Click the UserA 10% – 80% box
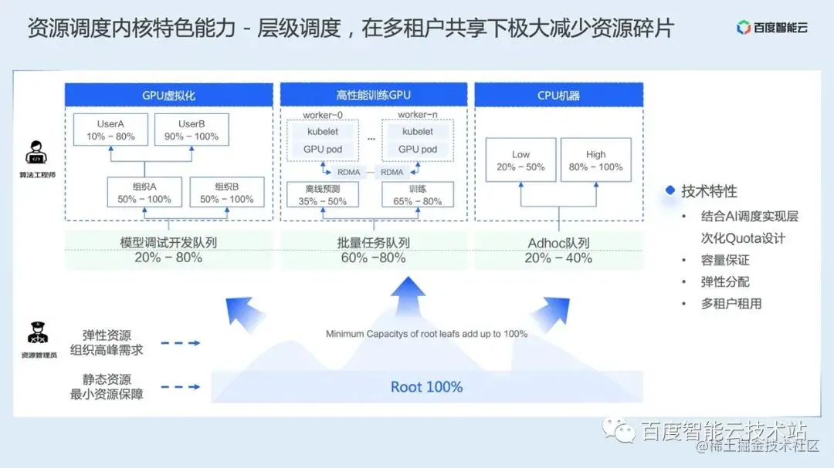click(110, 130)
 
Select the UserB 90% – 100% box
click(191, 130)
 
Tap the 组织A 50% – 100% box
click(144, 192)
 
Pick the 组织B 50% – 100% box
click(226, 192)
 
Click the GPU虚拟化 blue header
click(168, 96)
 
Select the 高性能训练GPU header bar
click(374, 96)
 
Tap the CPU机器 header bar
click(558, 96)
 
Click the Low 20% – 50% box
click(520, 160)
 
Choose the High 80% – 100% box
click(595, 160)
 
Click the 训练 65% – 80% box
click(418, 194)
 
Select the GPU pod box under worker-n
click(418, 150)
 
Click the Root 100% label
click(426, 386)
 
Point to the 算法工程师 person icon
click(36, 153)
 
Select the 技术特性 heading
click(708, 191)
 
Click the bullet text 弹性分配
click(725, 282)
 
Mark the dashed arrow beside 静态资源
click(181, 387)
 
